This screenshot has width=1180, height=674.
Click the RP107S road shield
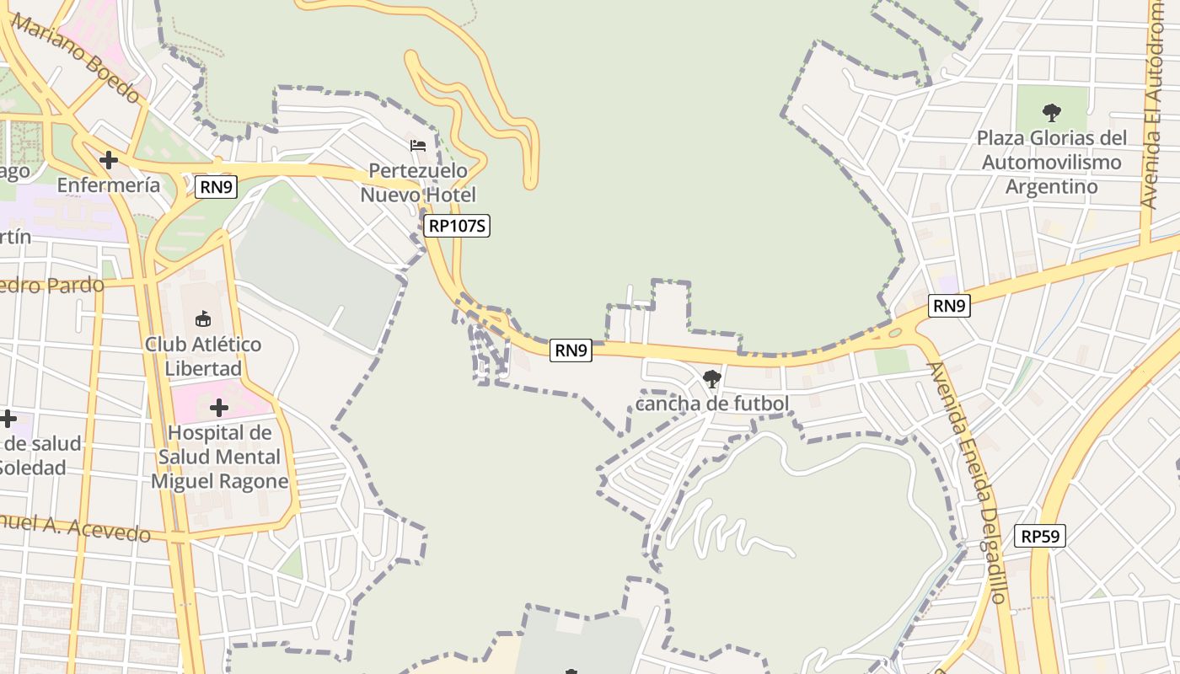pyautogui.click(x=457, y=226)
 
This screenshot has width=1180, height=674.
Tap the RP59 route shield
pyautogui.click(x=1039, y=536)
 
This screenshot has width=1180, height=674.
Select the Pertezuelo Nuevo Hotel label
pyautogui.click(x=418, y=183)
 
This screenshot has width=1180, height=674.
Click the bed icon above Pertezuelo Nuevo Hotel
pyautogui.click(x=418, y=146)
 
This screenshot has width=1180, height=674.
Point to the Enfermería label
pyautogui.click(x=108, y=185)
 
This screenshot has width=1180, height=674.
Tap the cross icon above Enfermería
pyautogui.click(x=108, y=159)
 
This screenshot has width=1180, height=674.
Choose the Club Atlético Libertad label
pyautogui.click(x=203, y=356)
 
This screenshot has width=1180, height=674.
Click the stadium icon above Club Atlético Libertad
pyautogui.click(x=203, y=319)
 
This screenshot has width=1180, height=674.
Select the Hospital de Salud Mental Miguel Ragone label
pyautogui.click(x=219, y=457)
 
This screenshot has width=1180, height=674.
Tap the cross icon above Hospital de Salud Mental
pyautogui.click(x=219, y=409)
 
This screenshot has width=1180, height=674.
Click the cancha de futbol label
pyautogui.click(x=712, y=404)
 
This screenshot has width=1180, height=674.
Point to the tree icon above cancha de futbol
pyautogui.click(x=712, y=379)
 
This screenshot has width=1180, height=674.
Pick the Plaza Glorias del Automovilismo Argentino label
pyautogui.click(x=1051, y=162)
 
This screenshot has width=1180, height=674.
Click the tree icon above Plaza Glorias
pyautogui.click(x=1051, y=112)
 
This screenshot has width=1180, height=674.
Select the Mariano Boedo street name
pyautogui.click(x=76, y=57)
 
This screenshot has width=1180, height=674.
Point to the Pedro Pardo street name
pyautogui.click(x=51, y=285)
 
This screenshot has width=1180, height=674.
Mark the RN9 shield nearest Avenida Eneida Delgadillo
pyautogui.click(x=949, y=306)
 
